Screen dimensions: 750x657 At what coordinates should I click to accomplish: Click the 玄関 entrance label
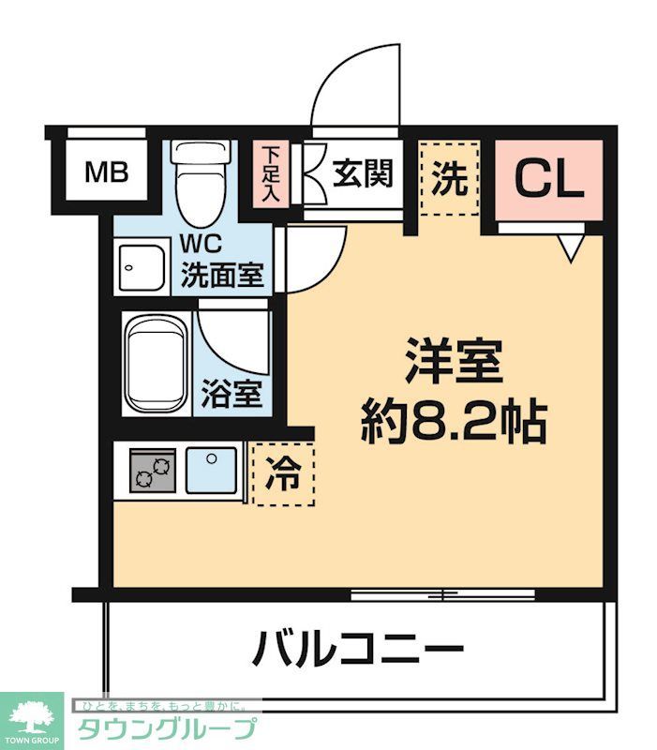coord(361,173)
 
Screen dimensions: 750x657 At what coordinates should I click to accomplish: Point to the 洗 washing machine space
coord(449,178)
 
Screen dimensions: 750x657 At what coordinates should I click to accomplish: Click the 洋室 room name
coord(454,361)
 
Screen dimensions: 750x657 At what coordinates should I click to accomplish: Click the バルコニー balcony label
coord(358,649)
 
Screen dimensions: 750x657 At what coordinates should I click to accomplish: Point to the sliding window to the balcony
coord(442,593)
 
